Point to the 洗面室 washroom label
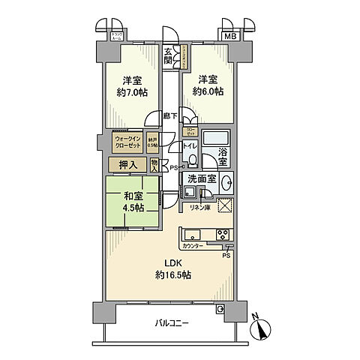point(202,178)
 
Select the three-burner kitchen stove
point(224,234)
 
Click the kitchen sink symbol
point(191,234)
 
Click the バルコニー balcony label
point(172,323)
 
